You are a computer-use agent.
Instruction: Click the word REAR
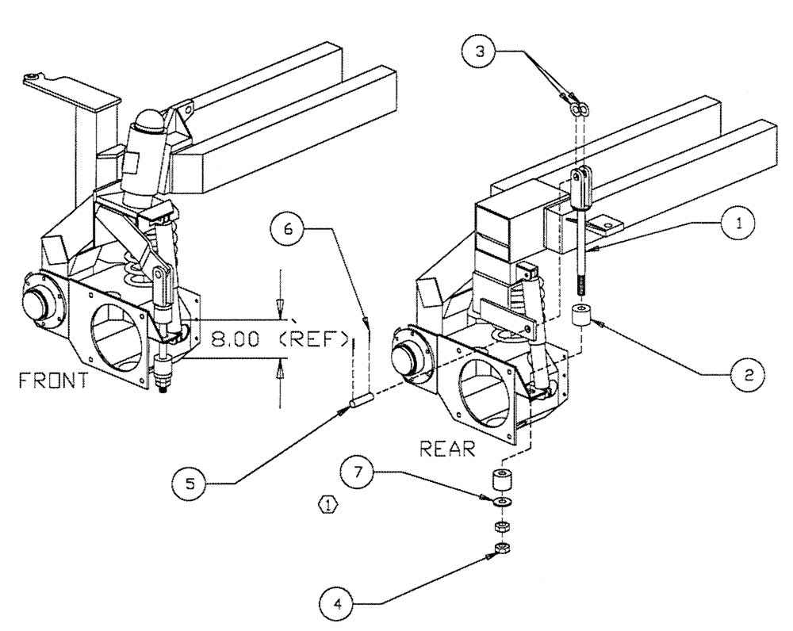click(x=448, y=449)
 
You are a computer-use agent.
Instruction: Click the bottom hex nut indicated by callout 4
click(x=502, y=548)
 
